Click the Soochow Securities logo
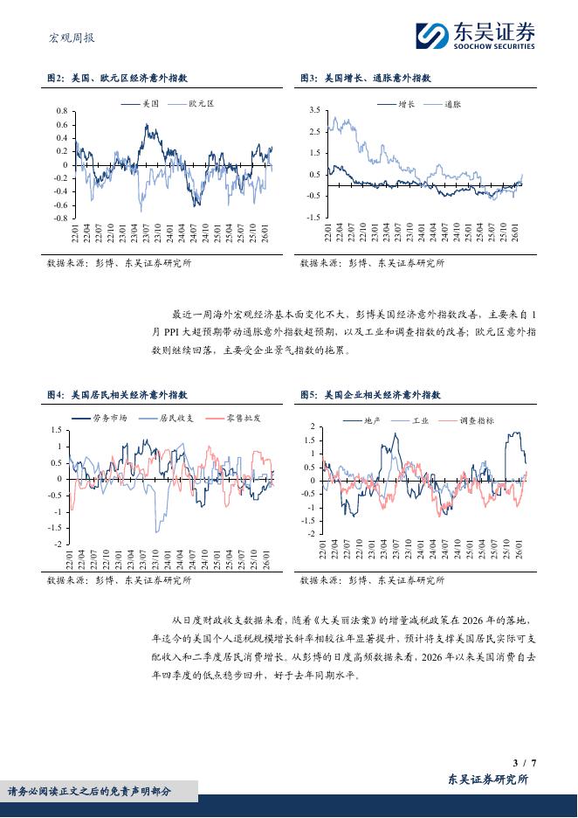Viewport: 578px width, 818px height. (x=475, y=34)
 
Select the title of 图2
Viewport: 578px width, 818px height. (x=121, y=79)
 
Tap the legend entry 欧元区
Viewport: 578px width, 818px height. (x=200, y=103)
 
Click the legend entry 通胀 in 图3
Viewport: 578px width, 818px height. (x=452, y=103)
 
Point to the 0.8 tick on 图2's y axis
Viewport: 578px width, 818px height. (x=61, y=112)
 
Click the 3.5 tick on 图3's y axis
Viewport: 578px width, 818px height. (x=314, y=110)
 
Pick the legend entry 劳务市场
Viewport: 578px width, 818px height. (x=110, y=419)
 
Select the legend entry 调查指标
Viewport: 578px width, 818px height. (x=476, y=420)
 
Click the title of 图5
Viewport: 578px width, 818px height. (x=370, y=395)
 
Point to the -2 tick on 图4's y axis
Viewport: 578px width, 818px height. (x=58, y=544)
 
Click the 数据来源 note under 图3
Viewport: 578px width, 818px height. (x=371, y=262)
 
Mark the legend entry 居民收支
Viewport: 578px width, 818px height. (x=176, y=419)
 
